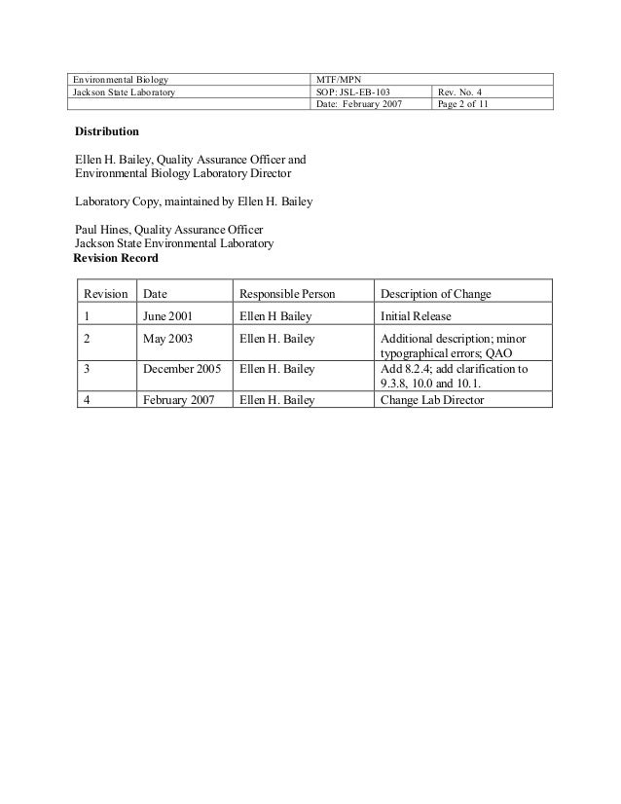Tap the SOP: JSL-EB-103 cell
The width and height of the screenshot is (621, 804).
(x=354, y=91)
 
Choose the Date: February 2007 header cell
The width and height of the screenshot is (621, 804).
(x=361, y=104)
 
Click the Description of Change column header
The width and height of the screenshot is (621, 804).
(x=435, y=294)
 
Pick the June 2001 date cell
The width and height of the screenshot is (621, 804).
(x=167, y=316)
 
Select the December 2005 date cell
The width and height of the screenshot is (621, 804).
(x=182, y=369)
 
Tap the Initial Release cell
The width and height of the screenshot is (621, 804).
(x=416, y=316)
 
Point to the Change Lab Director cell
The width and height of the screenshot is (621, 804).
(x=431, y=399)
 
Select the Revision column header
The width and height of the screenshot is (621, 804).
(x=105, y=294)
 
